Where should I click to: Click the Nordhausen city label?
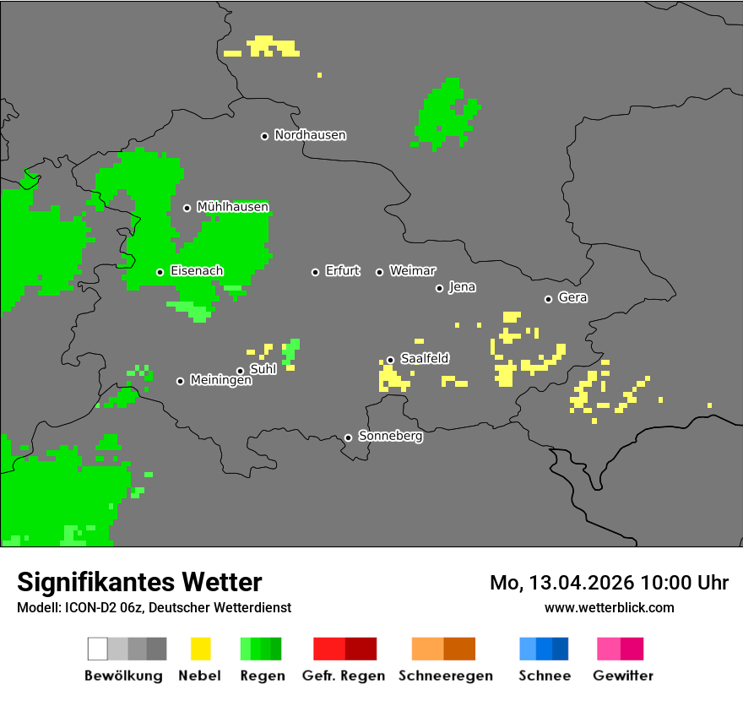[x=310, y=135]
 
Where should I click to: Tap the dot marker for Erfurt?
[x=315, y=272]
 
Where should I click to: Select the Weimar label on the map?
[x=412, y=271]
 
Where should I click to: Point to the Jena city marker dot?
[x=439, y=288]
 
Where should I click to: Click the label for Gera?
[x=572, y=298]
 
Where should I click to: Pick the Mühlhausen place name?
[x=232, y=207]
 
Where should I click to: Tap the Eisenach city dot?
[x=160, y=272]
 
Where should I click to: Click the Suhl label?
[x=263, y=369]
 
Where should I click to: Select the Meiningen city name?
[x=220, y=381]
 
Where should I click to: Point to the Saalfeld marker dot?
[x=390, y=360]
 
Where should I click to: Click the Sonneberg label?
[x=390, y=437]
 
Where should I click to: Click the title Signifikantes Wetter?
[x=139, y=582]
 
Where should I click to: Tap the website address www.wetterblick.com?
[x=609, y=607]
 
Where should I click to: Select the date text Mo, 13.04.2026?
[x=561, y=583]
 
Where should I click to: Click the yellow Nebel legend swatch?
[x=200, y=649]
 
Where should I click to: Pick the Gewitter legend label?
[x=622, y=676]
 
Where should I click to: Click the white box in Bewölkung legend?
[x=98, y=649]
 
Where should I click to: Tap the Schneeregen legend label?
[x=446, y=676]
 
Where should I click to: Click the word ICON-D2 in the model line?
[x=87, y=607]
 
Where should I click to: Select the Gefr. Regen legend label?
[x=344, y=676]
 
